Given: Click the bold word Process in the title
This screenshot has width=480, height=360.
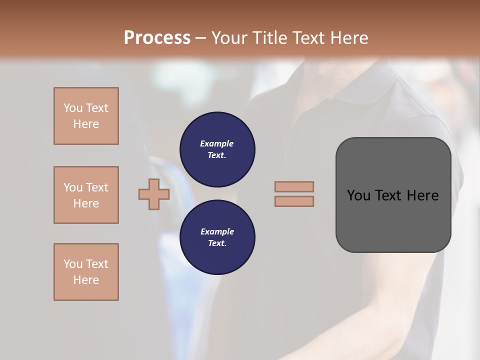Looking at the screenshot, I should click(157, 38).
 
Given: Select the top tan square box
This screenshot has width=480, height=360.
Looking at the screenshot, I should click(86, 116).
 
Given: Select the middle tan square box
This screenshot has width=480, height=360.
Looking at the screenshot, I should click(86, 195).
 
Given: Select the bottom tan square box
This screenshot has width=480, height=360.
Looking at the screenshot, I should click(86, 272).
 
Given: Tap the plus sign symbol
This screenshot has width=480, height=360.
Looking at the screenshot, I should click(154, 194).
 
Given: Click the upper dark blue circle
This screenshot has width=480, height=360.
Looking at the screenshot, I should click(217, 149).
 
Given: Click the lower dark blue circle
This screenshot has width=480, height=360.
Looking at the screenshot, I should click(217, 237).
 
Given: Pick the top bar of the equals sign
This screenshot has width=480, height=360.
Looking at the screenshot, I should click(294, 186).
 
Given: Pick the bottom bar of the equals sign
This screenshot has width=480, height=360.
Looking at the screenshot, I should click(294, 201).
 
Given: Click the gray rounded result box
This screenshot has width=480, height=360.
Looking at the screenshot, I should click(393, 220).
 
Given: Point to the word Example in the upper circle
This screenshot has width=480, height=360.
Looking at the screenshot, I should click(217, 143).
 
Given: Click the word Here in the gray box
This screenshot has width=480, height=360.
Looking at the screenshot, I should click(422, 195).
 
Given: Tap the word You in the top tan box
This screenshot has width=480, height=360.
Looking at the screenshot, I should click(72, 108).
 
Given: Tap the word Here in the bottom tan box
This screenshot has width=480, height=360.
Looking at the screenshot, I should click(86, 280).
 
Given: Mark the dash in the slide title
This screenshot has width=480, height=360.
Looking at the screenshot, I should click(201, 38).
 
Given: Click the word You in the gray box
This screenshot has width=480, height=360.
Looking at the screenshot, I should click(359, 195).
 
